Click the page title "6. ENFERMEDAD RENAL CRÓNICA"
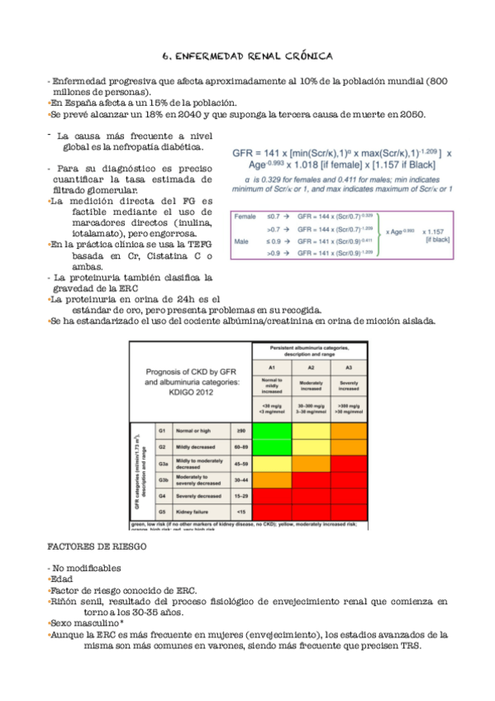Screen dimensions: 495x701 pyautogui.click(x=247, y=56)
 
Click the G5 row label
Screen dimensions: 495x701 pyautogui.click(x=163, y=512)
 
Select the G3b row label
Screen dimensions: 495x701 pyautogui.click(x=164, y=479)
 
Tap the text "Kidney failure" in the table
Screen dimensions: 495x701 pyautogui.click(x=195, y=512)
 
